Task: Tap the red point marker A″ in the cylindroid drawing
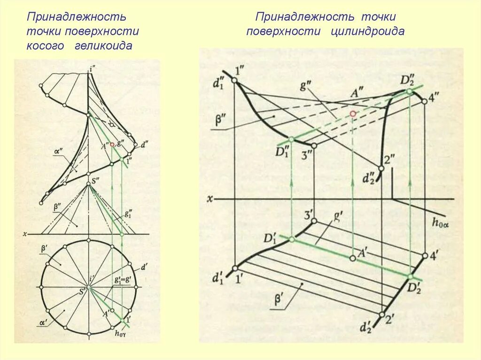[353, 114]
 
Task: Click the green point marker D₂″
[410, 91]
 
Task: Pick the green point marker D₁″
[291, 139]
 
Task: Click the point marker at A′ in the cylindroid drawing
[353, 258]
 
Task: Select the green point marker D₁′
[292, 239]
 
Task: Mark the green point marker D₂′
[410, 276]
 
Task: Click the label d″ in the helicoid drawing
[144, 145]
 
